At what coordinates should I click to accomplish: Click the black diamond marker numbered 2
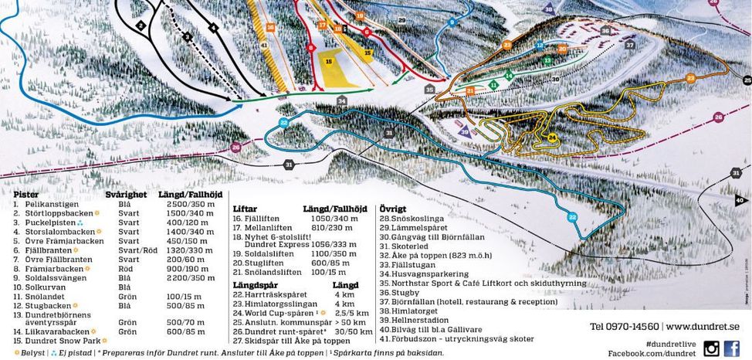(141, 25)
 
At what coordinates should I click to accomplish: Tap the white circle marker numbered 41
(264, 46)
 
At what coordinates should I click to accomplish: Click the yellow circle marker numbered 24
(552, 138)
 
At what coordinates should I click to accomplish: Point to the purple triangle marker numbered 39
(464, 132)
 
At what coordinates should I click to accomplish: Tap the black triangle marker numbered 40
(742, 200)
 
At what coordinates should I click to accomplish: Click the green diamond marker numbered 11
(493, 84)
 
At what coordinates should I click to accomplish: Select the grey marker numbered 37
(630, 46)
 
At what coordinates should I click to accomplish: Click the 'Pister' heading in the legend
(27, 195)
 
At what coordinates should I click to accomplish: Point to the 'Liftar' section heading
(246, 209)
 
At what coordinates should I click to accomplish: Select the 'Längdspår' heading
(256, 285)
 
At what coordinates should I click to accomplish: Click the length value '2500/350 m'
(185, 204)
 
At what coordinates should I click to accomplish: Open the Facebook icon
(731, 348)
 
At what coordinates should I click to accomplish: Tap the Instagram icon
(711, 348)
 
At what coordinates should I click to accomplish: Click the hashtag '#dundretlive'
(670, 343)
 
